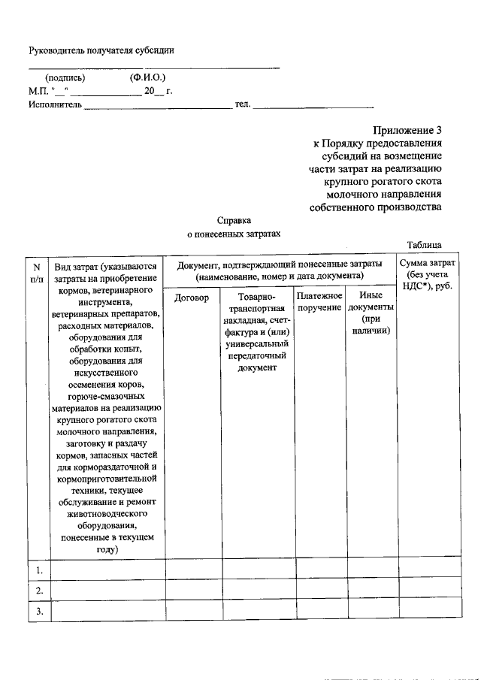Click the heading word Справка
pos(234,221)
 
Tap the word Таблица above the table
pos(429,245)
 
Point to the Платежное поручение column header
pos(319,303)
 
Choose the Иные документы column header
pos(371,313)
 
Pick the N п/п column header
pos(36,271)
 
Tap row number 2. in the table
pos(38,591)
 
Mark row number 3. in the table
pos(38,612)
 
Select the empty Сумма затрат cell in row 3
pos(426,612)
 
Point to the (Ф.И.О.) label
pos(147,77)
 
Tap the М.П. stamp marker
pos(38,91)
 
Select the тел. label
pos(243,104)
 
